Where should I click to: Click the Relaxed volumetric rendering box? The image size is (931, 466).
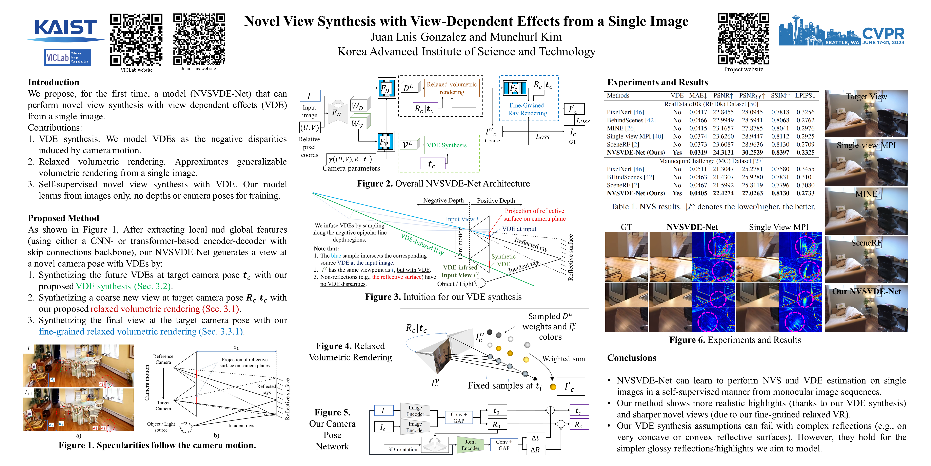click(452, 88)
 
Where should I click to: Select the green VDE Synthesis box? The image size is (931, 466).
click(447, 145)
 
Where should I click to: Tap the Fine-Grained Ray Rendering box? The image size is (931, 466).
click(528, 109)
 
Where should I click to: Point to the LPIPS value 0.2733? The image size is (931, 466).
click(805, 193)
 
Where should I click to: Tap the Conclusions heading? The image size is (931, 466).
click(631, 358)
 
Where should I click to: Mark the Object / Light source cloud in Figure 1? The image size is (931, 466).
click(186, 428)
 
